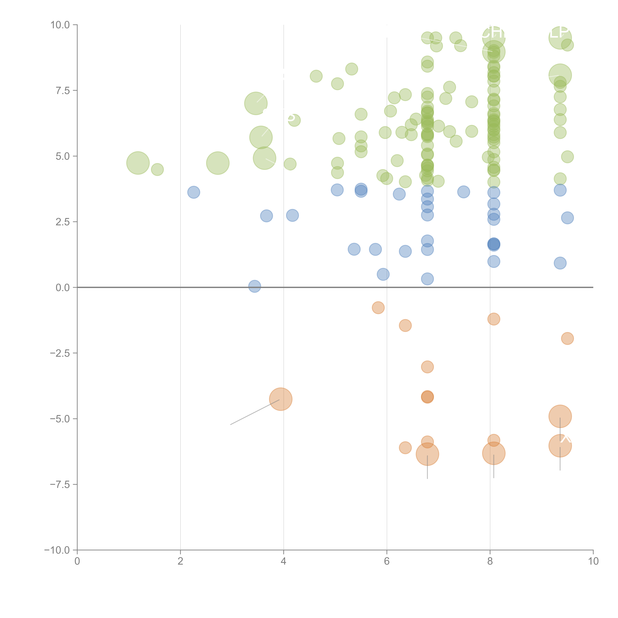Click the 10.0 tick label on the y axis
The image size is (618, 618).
point(60,25)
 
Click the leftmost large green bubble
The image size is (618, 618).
point(138,163)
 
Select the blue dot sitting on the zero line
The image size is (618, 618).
point(255,286)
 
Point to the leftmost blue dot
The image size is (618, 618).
point(194,192)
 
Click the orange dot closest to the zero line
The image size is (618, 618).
point(378,308)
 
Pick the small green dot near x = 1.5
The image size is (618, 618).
point(157,170)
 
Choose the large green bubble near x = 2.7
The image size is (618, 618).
point(218,163)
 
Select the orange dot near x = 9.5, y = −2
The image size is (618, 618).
point(567,338)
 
